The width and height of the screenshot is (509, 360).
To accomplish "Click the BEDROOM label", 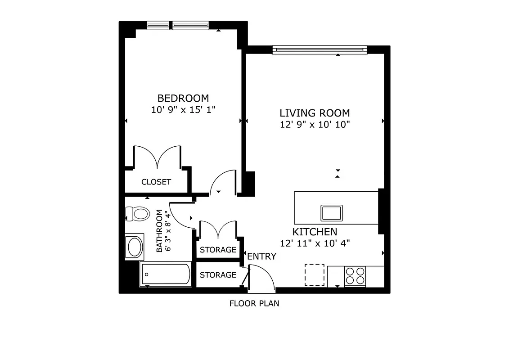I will pyautogui.click(x=183, y=98).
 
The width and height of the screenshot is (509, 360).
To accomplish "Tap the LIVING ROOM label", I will pyautogui.click(x=315, y=113).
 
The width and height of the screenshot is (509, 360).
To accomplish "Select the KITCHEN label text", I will pyautogui.click(x=315, y=232).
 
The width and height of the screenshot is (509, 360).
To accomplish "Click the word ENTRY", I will pyautogui.click(x=261, y=256).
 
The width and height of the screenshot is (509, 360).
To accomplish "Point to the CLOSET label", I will pyautogui.click(x=156, y=182).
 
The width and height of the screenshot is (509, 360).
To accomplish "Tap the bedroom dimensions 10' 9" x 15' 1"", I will pyautogui.click(x=183, y=109).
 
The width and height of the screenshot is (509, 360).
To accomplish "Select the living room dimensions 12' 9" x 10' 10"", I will pyautogui.click(x=315, y=124).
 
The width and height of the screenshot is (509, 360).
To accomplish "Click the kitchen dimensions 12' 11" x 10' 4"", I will pyautogui.click(x=315, y=243).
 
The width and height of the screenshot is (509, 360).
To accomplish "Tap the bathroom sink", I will pyautogui.click(x=135, y=247).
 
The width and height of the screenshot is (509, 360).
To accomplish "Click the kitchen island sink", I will pyautogui.click(x=331, y=213).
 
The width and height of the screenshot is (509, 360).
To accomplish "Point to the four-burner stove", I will pyautogui.click(x=355, y=275).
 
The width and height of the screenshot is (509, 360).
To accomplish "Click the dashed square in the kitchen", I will pyautogui.click(x=314, y=274).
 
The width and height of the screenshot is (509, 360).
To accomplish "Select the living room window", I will pyautogui.click(x=320, y=49).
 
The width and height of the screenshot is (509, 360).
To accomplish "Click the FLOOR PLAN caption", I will pyautogui.click(x=254, y=304).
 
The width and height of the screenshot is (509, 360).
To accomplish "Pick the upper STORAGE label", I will pyautogui.click(x=218, y=250).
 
